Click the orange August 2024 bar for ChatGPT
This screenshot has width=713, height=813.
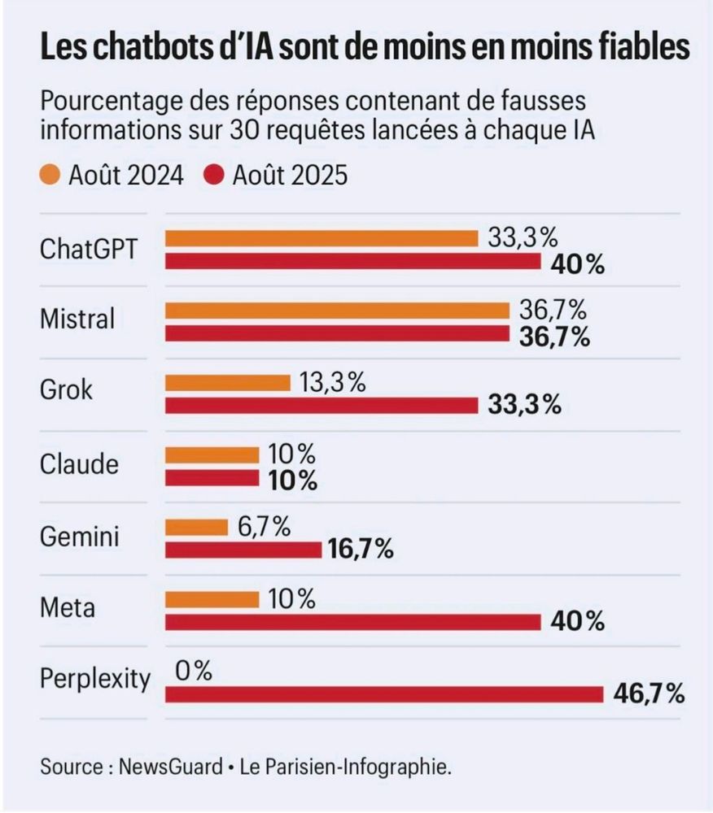(x=322, y=238)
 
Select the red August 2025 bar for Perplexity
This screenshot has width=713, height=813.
(x=383, y=695)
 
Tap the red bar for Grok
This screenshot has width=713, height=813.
(x=322, y=405)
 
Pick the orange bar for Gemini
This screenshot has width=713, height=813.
(x=196, y=528)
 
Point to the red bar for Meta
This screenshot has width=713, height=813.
(x=352, y=623)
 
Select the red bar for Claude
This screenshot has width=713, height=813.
(x=212, y=478)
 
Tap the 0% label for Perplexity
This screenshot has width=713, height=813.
(x=193, y=671)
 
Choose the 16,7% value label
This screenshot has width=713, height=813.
(x=361, y=550)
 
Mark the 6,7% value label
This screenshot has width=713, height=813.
(x=264, y=527)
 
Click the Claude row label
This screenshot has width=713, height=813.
(x=79, y=464)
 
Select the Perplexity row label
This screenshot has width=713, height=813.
(x=95, y=678)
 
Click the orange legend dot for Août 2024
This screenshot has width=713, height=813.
(x=50, y=175)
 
